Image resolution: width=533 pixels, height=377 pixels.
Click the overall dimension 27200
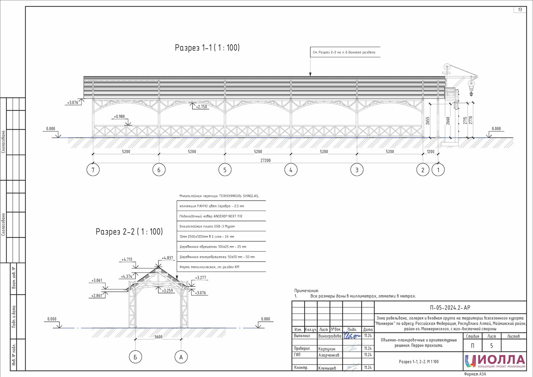(x=266, y=161)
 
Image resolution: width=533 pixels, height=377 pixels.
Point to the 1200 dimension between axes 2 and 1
(x=430, y=152)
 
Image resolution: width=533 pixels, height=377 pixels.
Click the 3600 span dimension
(x=158, y=337)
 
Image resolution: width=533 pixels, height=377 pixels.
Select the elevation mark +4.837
(x=167, y=258)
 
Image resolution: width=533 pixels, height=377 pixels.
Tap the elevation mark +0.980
(x=119, y=117)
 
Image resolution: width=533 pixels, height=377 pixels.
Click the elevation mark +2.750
(x=201, y=107)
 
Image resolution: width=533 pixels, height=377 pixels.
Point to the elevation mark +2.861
(x=97, y=296)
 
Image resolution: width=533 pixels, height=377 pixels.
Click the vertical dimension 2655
(x=428, y=121)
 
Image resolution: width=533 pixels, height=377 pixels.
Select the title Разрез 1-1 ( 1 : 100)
(x=207, y=48)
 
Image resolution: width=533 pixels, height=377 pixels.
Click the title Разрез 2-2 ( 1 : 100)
(x=129, y=231)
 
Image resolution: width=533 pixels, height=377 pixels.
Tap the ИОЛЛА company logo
(x=495, y=361)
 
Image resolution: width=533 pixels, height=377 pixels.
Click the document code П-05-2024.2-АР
(x=450, y=308)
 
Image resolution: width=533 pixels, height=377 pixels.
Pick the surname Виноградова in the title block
(x=329, y=336)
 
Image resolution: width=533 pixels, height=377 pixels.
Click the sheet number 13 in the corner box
(x=520, y=10)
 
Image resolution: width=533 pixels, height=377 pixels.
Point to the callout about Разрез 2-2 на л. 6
(x=344, y=52)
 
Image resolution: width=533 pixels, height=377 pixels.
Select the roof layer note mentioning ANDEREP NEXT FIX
(x=211, y=216)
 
